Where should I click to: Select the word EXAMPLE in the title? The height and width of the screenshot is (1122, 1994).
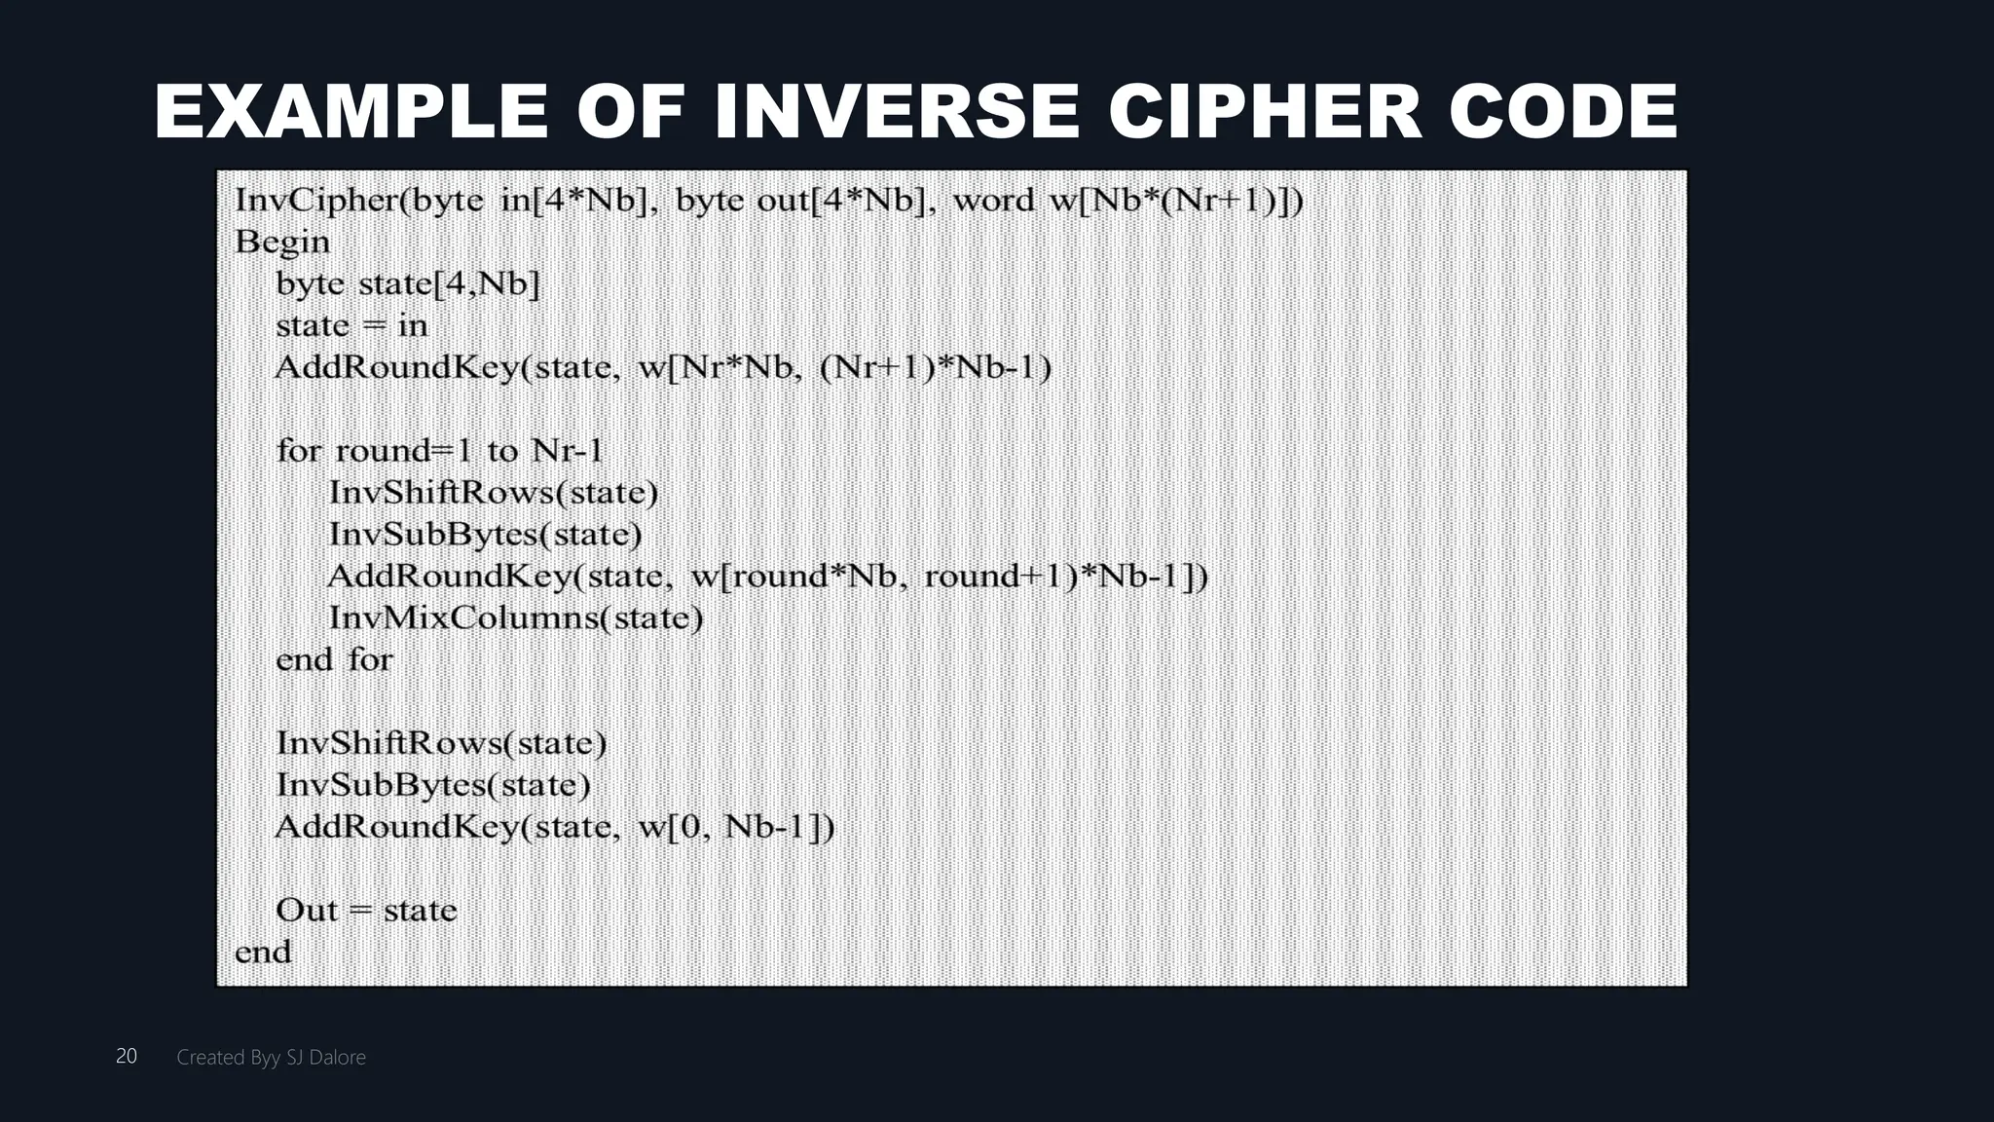351,112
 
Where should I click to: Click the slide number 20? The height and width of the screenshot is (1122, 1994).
127,1056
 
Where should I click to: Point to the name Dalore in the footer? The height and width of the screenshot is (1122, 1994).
337,1057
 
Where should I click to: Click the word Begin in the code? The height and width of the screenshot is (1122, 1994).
282,242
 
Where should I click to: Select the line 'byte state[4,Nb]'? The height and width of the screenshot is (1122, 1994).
408,283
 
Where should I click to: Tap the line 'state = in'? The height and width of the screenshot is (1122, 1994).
351,325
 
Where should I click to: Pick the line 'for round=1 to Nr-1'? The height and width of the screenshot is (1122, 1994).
440,451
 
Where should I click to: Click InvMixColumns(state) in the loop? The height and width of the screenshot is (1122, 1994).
516,617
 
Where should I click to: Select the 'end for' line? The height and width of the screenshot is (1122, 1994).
334,659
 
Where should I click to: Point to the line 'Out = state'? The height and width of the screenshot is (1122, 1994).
366,910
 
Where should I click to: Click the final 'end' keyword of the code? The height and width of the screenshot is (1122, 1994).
263,952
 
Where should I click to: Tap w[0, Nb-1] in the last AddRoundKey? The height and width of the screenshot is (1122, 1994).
735,827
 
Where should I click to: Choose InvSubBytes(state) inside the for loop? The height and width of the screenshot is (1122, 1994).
486,534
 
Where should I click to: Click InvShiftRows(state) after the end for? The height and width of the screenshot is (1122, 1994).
441,743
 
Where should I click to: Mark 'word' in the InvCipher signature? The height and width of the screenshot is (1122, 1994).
993,200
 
